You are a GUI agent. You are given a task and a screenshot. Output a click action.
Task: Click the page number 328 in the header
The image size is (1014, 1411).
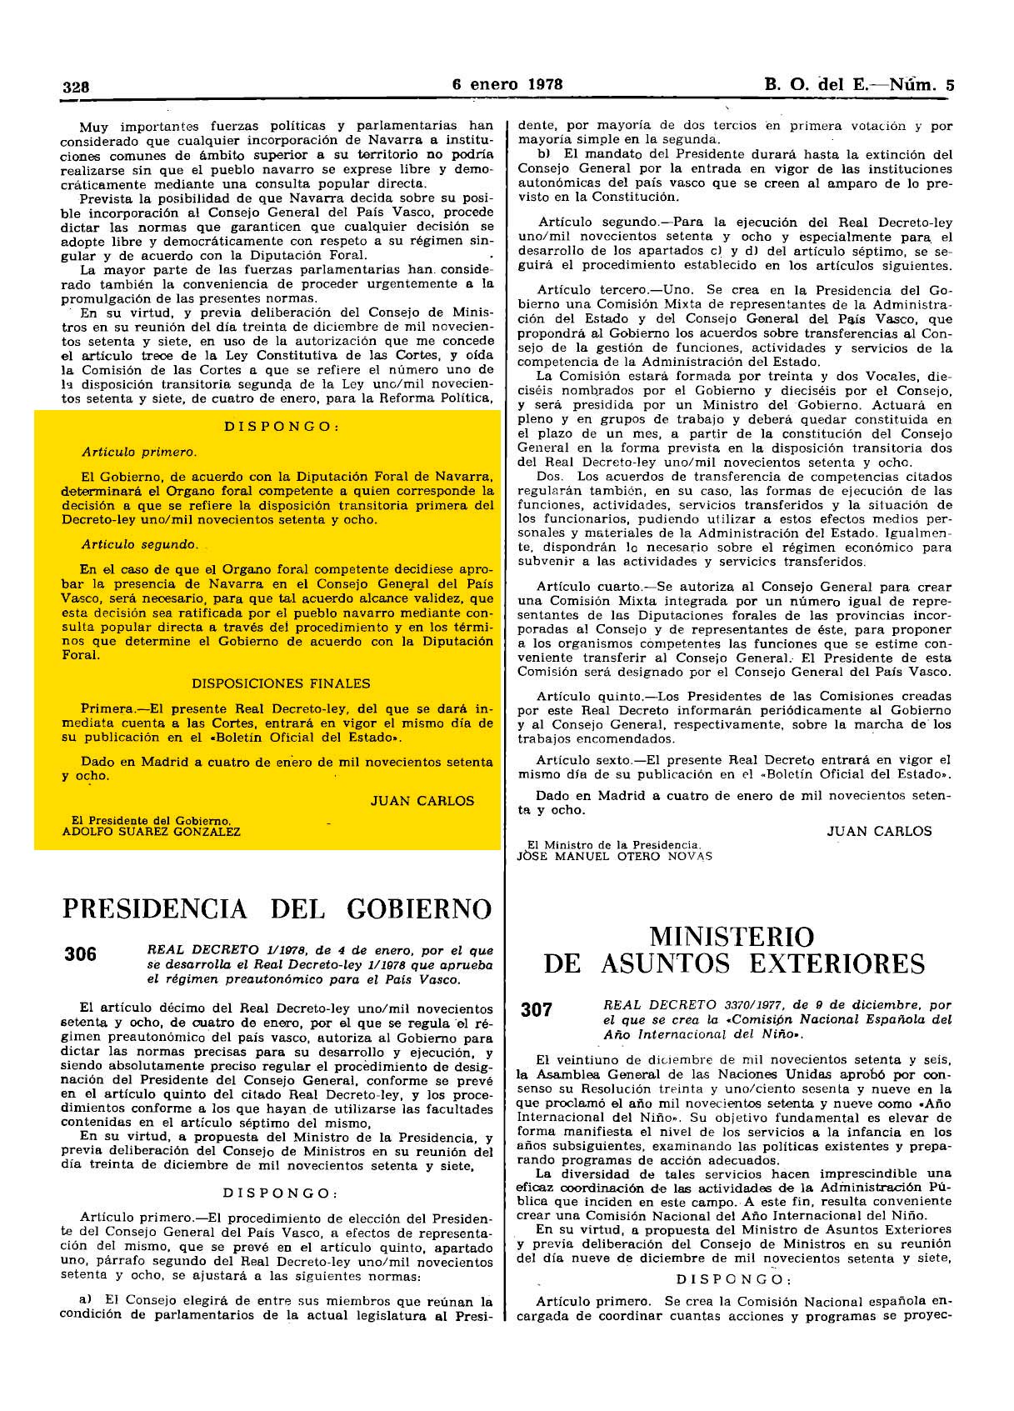click(x=76, y=85)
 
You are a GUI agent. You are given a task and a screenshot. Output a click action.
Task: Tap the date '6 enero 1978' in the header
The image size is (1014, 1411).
click(x=507, y=83)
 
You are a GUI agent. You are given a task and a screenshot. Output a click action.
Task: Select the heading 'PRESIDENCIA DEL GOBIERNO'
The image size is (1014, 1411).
click(x=277, y=908)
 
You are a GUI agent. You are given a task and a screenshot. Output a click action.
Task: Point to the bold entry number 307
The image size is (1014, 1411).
click(x=537, y=1010)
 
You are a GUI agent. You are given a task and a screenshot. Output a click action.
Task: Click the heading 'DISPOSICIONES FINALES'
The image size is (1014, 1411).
click(x=281, y=683)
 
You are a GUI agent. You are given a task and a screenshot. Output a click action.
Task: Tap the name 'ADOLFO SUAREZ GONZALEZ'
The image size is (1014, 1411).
click(x=152, y=832)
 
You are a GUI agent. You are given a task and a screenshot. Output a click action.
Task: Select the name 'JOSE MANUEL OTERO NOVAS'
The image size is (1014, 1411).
click(x=615, y=855)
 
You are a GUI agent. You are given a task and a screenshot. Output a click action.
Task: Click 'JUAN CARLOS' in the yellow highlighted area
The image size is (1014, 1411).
click(x=422, y=801)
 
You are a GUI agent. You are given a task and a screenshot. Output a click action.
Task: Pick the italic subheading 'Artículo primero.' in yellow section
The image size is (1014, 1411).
click(x=139, y=453)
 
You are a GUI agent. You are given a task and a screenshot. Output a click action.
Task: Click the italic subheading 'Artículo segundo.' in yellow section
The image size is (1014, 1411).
click(x=140, y=544)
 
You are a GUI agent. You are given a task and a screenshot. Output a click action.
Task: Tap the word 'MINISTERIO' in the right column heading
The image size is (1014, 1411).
click(x=732, y=936)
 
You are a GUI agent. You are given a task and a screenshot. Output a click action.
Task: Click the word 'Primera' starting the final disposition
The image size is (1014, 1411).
click(x=107, y=708)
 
